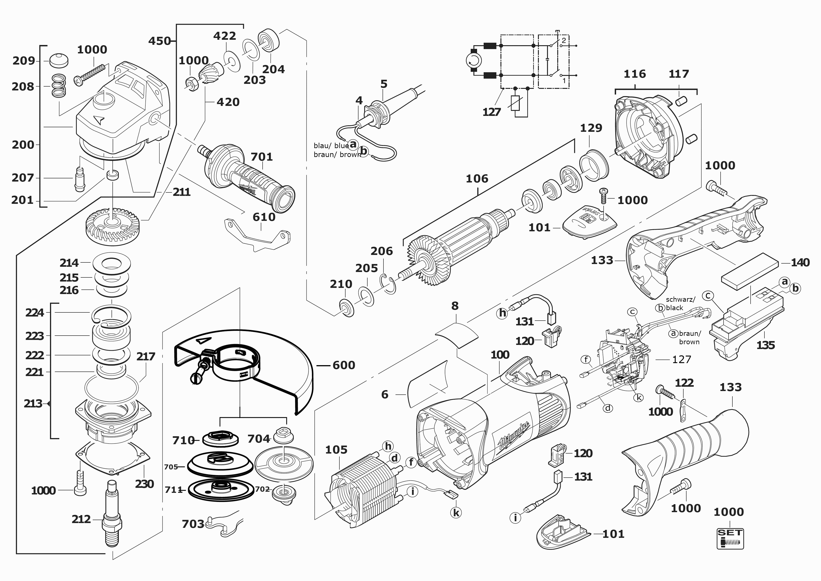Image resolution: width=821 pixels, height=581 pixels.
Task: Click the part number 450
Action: [159, 41]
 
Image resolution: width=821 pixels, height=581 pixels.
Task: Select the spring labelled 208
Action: [57, 86]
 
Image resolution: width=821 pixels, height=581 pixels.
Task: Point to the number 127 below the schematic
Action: [492, 112]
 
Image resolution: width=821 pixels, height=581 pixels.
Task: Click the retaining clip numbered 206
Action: [390, 283]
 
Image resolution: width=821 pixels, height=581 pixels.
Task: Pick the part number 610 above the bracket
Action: [264, 217]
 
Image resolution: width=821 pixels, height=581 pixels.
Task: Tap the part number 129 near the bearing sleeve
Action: [591, 128]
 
